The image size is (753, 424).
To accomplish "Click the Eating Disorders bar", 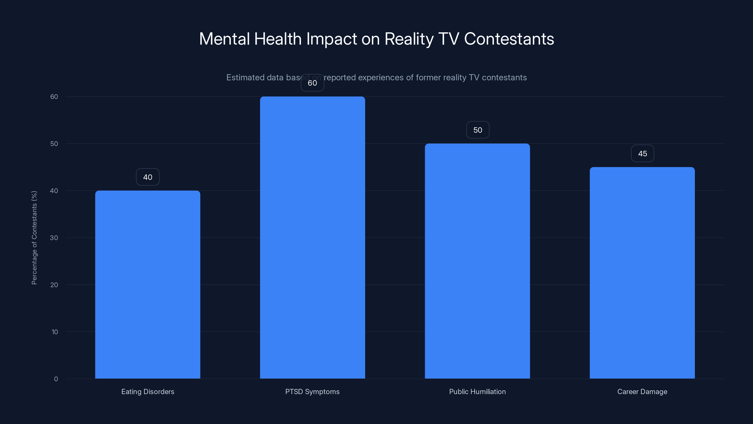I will (x=148, y=284).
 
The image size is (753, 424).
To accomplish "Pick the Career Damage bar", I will (x=642, y=273).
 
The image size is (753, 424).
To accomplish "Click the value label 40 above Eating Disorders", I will (x=148, y=177).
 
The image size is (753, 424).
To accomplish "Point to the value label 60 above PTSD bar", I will (x=312, y=83).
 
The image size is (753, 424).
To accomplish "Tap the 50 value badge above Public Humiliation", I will (x=477, y=130).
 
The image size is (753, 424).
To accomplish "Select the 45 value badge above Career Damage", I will (x=642, y=154).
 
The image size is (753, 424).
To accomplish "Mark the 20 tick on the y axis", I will (x=54, y=285).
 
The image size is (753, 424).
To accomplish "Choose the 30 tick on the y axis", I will (x=54, y=238).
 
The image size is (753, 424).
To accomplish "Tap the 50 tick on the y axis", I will (x=54, y=144).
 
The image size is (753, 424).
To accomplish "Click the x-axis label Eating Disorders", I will (x=148, y=391).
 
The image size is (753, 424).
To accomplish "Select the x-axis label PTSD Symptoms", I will (x=312, y=391).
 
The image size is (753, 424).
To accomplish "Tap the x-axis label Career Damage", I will (x=642, y=391).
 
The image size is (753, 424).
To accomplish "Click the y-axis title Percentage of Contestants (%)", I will (x=34, y=238).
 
